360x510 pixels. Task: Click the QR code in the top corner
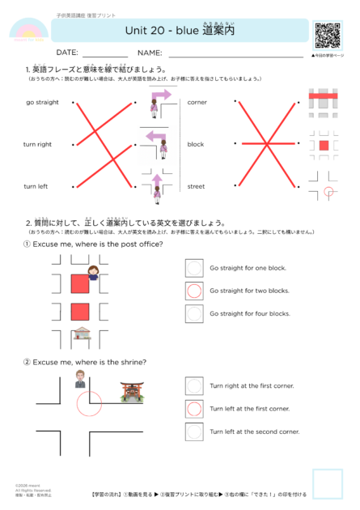coord(328,35)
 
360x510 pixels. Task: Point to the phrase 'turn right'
coord(37,144)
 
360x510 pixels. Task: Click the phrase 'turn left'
coord(36,186)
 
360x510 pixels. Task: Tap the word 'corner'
coord(197,103)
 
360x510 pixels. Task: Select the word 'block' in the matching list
coord(196,144)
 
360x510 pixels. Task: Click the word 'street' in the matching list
coord(196,186)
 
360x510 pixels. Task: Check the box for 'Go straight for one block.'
coord(194,268)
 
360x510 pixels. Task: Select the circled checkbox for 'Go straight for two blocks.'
coord(194,291)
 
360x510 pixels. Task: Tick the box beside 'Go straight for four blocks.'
coord(194,313)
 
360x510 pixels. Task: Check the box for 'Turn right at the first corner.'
coord(194,386)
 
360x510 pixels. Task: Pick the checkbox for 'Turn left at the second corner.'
coord(194,431)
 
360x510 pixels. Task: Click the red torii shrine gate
coord(130,392)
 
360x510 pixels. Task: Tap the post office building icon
coord(80,334)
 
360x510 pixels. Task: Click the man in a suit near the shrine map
coord(79,379)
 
